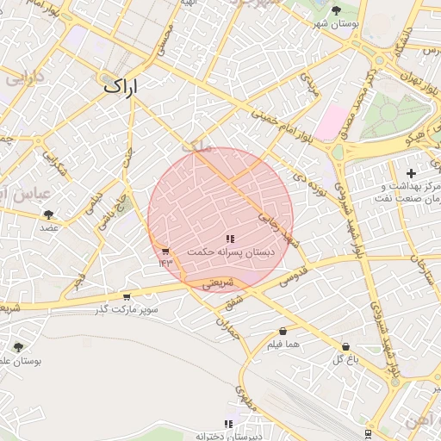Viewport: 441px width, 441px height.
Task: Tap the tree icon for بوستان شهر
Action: pyautogui.click(x=336, y=9)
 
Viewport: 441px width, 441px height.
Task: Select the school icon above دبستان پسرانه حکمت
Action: pyautogui.click(x=229, y=239)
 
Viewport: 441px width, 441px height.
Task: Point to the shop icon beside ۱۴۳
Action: pyautogui.click(x=165, y=252)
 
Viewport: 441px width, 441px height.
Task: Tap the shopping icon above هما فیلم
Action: pyautogui.click(x=283, y=332)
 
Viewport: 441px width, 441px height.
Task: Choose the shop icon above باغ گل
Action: pyautogui.click(x=345, y=346)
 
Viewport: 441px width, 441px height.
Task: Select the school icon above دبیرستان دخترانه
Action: pyautogui.click(x=228, y=424)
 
